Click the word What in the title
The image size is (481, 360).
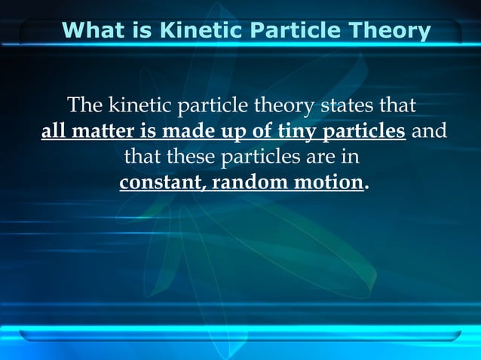click(93, 32)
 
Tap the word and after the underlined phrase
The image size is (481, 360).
click(430, 132)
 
